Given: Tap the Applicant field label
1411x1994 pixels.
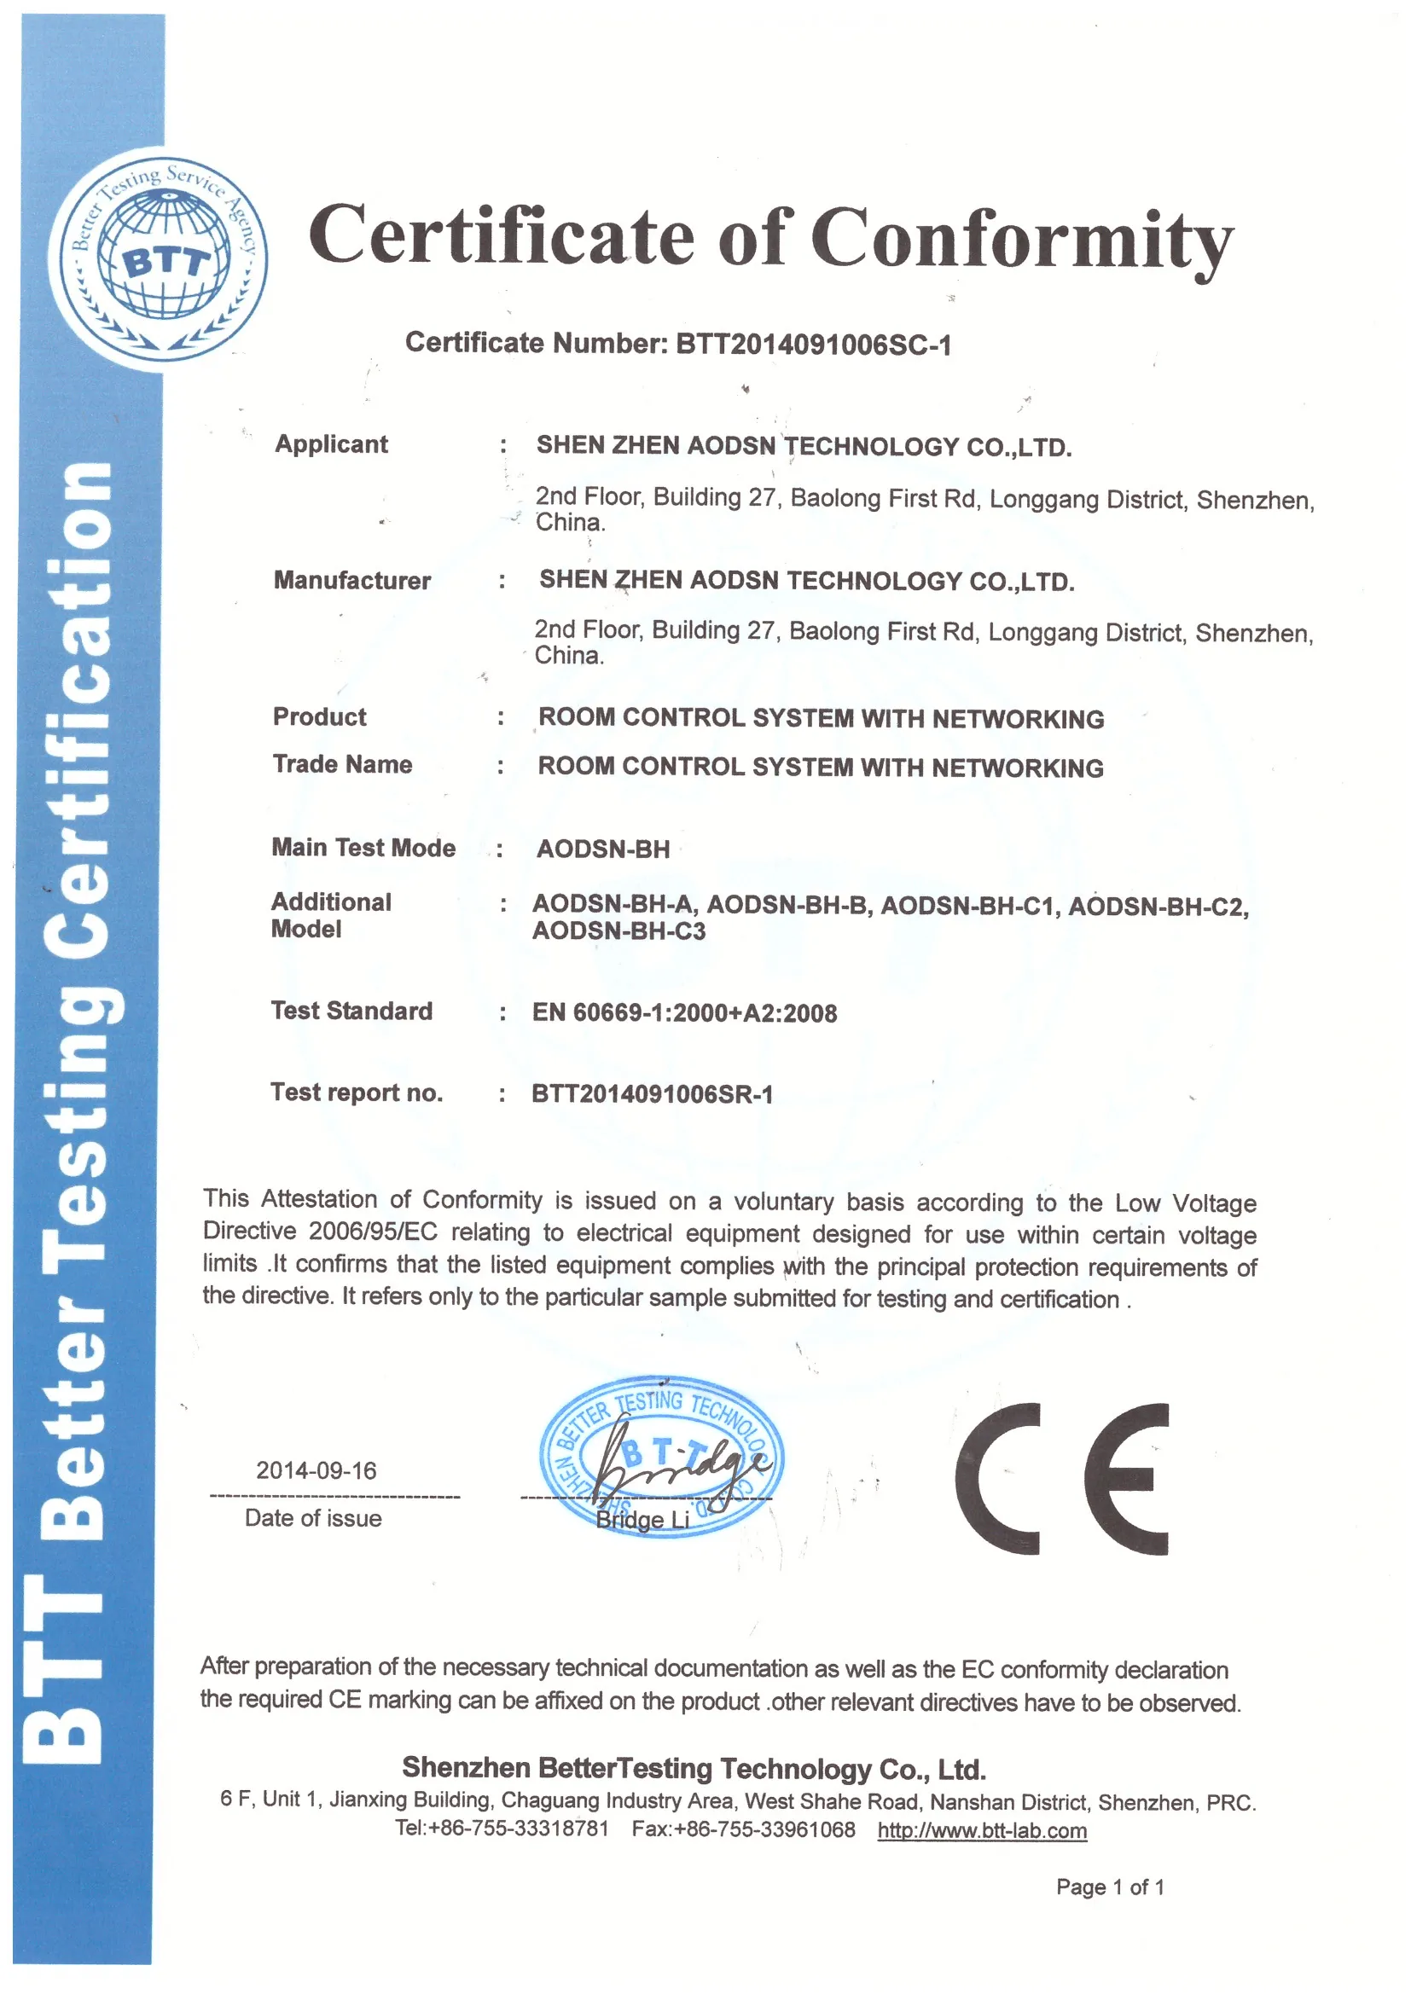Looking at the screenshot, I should pyautogui.click(x=331, y=443).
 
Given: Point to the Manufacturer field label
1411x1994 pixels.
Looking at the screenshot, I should pyautogui.click(x=351, y=580).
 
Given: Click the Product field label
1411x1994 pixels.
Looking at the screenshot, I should pyautogui.click(x=319, y=716).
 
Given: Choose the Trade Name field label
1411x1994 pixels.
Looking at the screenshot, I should pyautogui.click(x=342, y=764).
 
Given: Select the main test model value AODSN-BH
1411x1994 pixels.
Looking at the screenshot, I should pyautogui.click(x=603, y=849).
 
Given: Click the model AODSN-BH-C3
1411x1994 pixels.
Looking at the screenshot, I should pyautogui.click(x=618, y=931).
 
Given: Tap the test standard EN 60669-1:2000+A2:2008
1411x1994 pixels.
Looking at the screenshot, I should pyautogui.click(x=685, y=1012).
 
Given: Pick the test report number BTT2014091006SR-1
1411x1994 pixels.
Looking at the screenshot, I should pyautogui.click(x=652, y=1093).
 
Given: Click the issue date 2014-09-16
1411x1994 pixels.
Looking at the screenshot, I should pyautogui.click(x=316, y=1470).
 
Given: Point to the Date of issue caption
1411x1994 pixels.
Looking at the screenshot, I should pyautogui.click(x=313, y=1518).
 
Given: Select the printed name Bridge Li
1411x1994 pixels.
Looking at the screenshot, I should pyautogui.click(x=642, y=1520).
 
